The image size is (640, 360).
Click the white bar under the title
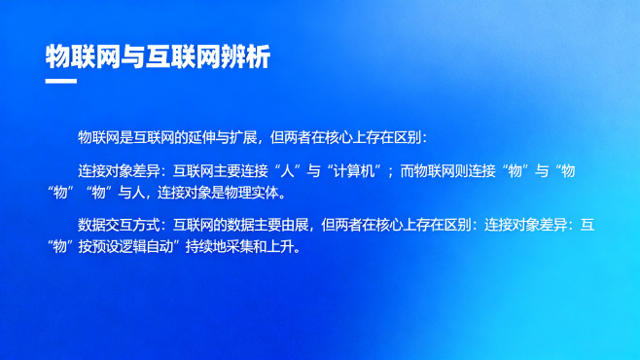pos(61,82)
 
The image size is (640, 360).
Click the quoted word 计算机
pos(355,171)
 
